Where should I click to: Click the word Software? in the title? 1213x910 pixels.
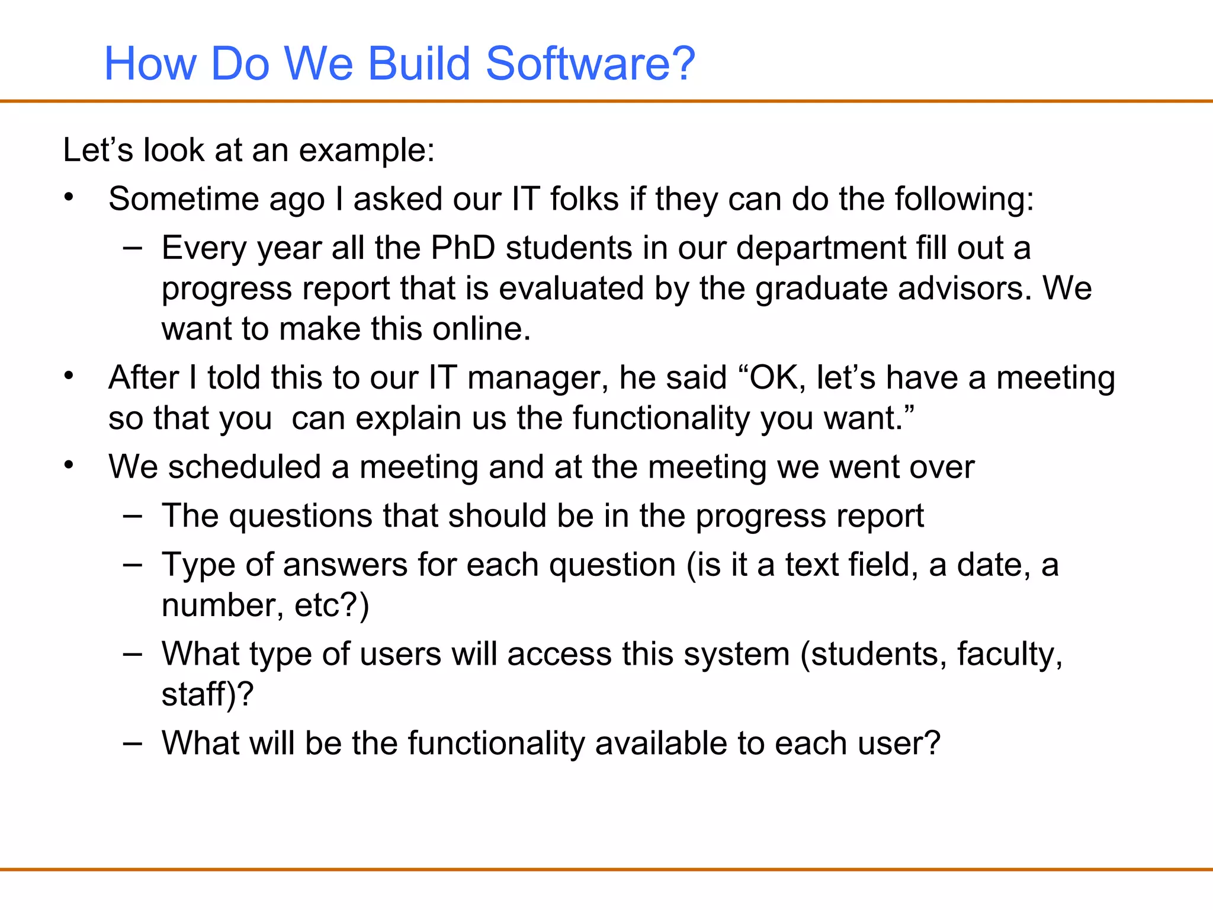591,63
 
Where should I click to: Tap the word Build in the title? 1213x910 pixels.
419,63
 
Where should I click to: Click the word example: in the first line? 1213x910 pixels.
367,150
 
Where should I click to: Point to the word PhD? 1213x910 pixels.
463,248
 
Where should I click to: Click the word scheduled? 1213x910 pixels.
245,467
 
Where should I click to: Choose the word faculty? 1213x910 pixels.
1010,654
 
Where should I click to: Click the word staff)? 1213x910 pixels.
207,694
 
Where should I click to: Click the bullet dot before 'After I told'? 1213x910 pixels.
69,376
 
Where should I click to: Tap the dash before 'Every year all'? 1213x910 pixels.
133,249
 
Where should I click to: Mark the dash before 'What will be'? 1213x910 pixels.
133,744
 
